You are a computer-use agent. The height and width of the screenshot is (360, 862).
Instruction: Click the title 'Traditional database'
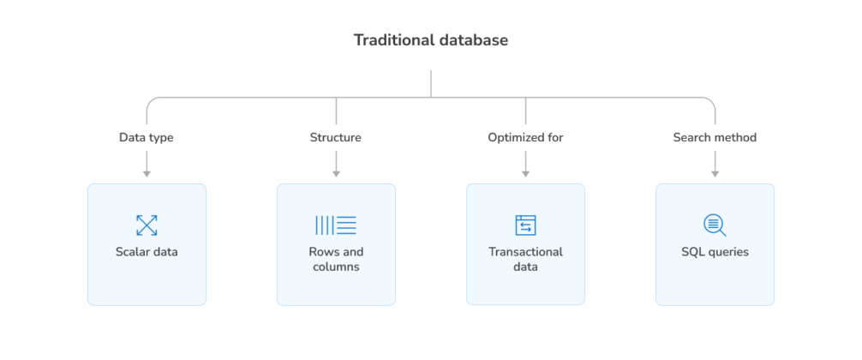431,40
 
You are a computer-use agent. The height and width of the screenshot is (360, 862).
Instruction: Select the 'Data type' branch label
147,137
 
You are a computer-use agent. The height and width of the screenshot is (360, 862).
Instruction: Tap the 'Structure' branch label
336,137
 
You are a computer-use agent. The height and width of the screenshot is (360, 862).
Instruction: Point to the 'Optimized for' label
525,137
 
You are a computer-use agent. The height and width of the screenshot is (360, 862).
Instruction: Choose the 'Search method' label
715,137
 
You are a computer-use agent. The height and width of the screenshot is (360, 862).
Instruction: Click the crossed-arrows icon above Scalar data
147,225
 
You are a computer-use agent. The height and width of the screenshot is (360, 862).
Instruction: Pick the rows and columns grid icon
336,225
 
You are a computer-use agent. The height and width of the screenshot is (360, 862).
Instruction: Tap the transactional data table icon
525,225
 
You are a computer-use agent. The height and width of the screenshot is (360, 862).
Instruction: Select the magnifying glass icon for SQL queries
715,225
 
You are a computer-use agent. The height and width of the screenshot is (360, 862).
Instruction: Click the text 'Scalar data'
147,252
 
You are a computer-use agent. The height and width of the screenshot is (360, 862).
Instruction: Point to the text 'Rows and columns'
336,259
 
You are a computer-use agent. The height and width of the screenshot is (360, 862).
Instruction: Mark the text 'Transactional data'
525,259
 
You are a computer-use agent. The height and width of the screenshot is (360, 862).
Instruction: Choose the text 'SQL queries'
715,252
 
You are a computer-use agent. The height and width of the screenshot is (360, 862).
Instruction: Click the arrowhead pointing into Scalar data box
147,174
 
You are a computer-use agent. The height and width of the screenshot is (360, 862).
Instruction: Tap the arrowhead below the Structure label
336,174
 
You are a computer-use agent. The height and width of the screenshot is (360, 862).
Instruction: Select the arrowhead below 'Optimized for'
525,174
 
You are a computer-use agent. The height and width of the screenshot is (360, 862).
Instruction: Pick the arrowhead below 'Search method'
715,174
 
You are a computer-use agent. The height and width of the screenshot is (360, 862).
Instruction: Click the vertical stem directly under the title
431,83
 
